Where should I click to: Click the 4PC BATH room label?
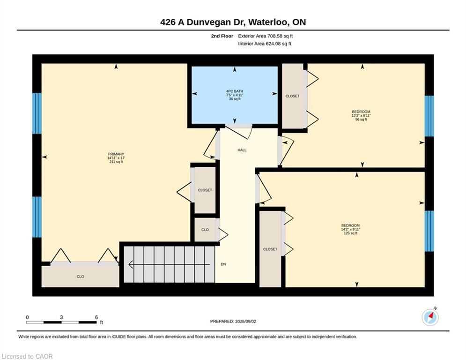coord(235,91)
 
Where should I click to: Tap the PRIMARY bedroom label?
coord(116,154)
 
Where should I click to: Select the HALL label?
coord(242,150)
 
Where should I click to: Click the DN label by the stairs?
coord(223,264)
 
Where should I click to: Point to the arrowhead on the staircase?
coord(131,264)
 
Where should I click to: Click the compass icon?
coord(430,317)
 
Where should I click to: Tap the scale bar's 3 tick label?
coord(61,317)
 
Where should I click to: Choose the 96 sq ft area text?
coord(361,120)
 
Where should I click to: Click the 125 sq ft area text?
coord(351,233)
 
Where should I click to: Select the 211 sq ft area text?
coord(116,162)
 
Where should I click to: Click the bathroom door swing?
coord(239,131)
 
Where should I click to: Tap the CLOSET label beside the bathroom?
coord(292,96)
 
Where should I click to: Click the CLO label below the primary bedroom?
coord(80,277)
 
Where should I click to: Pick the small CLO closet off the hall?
coord(205,230)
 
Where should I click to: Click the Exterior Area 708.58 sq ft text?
coord(266,36)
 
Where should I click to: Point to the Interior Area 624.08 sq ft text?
coord(265,44)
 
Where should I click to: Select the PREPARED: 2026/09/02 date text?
coord(233,321)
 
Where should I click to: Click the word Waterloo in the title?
coord(268,22)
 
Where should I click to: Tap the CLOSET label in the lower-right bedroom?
coord(270,249)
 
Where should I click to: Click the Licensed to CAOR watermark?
coord(27,356)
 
